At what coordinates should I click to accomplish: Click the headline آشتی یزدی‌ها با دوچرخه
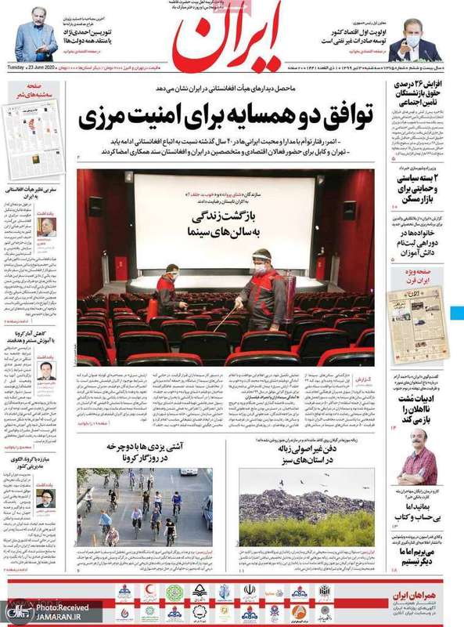pos(142,452)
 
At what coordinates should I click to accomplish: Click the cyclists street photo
pos(144,508)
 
